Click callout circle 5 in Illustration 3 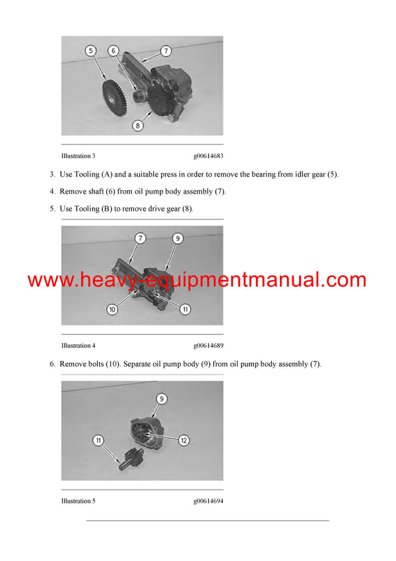pos(91,50)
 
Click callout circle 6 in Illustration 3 pos(113,50)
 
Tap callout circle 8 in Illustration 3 pos(138,124)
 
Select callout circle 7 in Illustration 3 pos(166,50)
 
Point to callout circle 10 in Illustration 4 pos(112,309)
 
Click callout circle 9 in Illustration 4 pos(178,238)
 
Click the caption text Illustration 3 pos(78,156)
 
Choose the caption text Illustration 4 pos(78,346)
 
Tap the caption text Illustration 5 pos(78,501)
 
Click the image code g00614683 pos(208,156)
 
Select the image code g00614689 pos(208,346)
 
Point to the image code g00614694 pos(208,501)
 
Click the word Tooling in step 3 pos(86,174)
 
